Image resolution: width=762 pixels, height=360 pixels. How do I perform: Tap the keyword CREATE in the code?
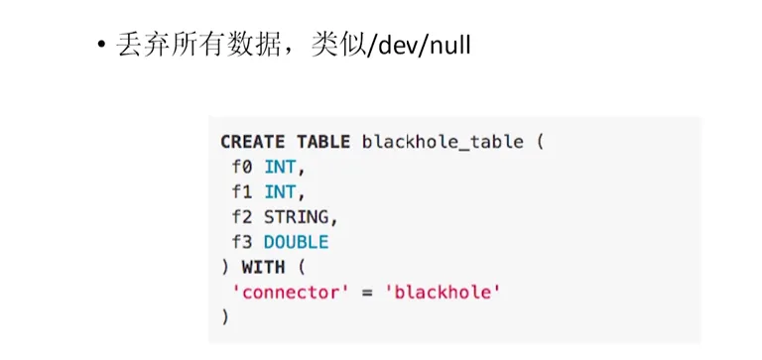pyautogui.click(x=252, y=142)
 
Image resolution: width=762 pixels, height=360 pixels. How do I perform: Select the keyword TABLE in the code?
pyautogui.click(x=323, y=142)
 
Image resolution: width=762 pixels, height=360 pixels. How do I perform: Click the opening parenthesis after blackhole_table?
pyautogui.click(x=540, y=142)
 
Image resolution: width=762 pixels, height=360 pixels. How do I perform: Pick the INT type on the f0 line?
pyautogui.click(x=282, y=167)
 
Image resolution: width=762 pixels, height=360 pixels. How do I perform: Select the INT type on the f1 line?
pyautogui.click(x=282, y=191)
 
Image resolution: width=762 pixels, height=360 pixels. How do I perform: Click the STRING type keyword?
pyautogui.click(x=299, y=216)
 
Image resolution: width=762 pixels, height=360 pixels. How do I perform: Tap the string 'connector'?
pyautogui.click(x=284, y=292)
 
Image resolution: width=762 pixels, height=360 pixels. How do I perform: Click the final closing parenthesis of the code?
pyautogui.click(x=225, y=316)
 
